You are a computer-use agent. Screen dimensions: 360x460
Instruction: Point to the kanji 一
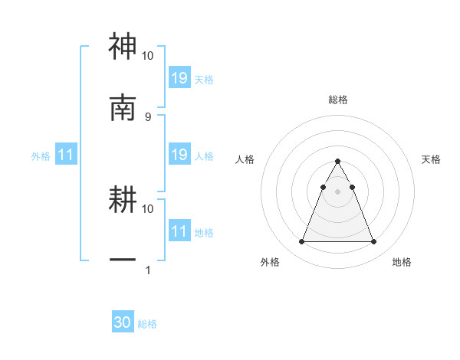click(x=123, y=260)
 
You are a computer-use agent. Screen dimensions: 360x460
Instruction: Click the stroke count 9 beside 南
click(x=147, y=116)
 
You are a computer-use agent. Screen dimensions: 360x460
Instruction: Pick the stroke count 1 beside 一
click(x=147, y=270)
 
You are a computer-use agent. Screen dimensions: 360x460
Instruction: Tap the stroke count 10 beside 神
click(x=147, y=56)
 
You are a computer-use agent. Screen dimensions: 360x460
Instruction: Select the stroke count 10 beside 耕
click(x=147, y=208)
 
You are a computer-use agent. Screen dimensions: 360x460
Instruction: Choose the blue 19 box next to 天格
click(x=179, y=78)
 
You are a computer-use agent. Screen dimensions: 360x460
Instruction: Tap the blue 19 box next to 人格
click(x=179, y=155)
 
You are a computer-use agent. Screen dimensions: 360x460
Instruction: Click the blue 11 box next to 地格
click(x=179, y=231)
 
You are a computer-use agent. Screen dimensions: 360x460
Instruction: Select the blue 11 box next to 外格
click(x=66, y=155)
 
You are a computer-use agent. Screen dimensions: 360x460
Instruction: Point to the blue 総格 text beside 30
click(x=147, y=324)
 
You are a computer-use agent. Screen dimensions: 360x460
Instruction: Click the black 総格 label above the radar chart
click(x=337, y=100)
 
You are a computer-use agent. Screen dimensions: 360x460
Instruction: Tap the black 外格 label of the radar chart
click(x=270, y=262)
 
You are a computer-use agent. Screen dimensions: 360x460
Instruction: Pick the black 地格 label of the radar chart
click(x=402, y=262)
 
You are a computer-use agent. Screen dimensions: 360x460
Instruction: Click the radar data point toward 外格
click(x=301, y=242)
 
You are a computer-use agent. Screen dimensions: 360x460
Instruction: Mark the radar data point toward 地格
click(x=373, y=242)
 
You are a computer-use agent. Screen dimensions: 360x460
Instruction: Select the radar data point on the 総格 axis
click(x=337, y=162)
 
